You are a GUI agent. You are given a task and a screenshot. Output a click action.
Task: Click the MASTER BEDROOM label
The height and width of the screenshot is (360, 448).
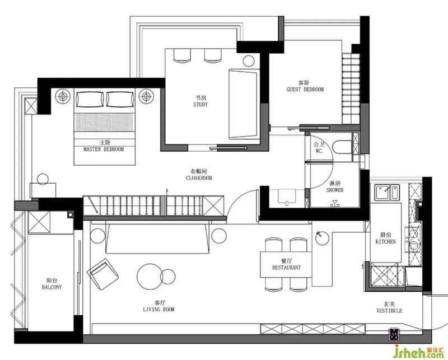(x=104, y=149)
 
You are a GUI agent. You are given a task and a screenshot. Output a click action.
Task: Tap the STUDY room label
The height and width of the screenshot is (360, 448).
(x=200, y=105)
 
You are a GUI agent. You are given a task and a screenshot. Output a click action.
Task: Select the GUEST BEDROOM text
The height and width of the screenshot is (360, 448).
(x=305, y=90)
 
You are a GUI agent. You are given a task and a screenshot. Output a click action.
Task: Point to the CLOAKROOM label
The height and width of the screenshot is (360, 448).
(x=199, y=178)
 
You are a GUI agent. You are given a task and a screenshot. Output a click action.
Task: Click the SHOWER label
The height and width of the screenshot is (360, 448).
(x=335, y=190)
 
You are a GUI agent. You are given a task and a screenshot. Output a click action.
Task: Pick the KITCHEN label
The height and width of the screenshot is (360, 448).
(x=386, y=241)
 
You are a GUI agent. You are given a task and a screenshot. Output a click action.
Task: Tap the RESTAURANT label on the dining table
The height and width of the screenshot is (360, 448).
(x=286, y=268)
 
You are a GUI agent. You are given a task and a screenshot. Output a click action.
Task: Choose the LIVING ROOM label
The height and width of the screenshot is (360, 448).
(x=158, y=309)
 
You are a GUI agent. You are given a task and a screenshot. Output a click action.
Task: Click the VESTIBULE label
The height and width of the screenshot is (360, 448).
(x=389, y=311)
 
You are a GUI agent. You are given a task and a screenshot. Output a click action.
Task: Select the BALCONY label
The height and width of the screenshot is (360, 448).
(x=52, y=287)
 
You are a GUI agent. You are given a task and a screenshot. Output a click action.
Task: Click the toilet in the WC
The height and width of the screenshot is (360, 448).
(x=342, y=147)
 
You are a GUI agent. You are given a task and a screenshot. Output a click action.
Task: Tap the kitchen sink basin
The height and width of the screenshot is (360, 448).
(x=382, y=192)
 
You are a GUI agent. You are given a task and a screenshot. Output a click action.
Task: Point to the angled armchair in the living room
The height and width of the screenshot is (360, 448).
(x=102, y=274)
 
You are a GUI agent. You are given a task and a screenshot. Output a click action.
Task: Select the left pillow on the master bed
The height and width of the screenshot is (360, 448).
(x=90, y=99)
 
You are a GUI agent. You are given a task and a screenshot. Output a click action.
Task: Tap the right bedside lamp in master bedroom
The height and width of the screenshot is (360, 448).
(x=147, y=96)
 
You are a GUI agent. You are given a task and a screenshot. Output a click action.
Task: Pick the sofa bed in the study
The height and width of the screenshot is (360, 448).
(x=244, y=104)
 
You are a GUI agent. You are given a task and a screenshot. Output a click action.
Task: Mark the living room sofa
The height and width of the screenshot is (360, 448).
(x=157, y=239)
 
